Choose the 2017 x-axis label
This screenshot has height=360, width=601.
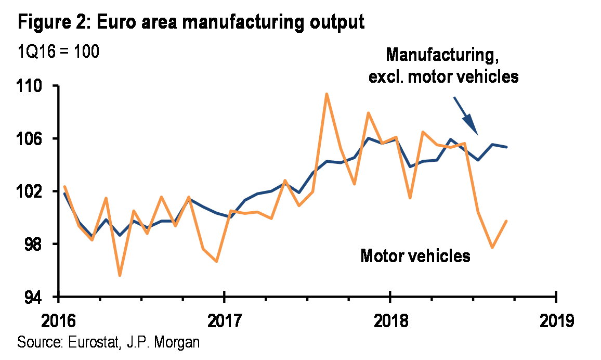coord(224,319)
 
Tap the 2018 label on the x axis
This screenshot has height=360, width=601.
coord(390,319)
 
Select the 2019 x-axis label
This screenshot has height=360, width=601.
coord(556,319)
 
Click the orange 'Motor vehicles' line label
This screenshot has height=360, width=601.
coord(415,256)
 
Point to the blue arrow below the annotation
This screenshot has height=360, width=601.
coord(466,116)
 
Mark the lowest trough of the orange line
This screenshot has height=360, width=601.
coord(120,275)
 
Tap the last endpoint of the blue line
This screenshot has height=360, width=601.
coord(507,147)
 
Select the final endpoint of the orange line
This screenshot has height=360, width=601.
coord(507,221)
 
